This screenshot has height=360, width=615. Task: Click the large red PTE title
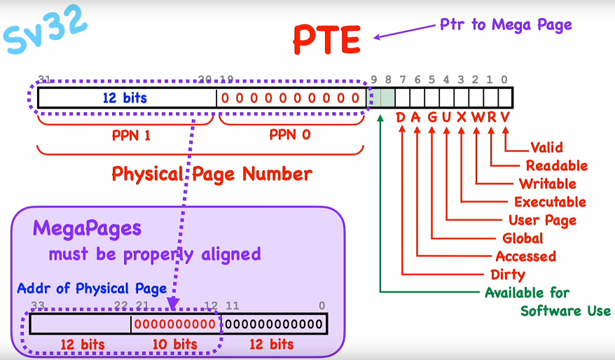[326, 40]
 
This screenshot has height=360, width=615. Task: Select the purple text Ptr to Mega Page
[506, 25]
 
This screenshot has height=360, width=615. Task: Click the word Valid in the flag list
[546, 148]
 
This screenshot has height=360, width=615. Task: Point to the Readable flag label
[557, 166]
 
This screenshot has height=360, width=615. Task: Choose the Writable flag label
[548, 184]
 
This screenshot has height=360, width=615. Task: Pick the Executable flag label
[550, 202]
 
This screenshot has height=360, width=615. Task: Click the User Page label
[543, 221]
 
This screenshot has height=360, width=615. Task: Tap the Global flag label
[523, 239]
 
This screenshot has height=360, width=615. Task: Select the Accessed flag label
[525, 256]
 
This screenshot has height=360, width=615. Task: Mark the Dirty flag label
[508, 275]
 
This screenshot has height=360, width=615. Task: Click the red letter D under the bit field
[401, 117]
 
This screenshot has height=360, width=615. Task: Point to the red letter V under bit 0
[504, 117]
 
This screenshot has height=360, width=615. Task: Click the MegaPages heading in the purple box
[87, 228]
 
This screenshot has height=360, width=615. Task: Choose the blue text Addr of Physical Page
[92, 288]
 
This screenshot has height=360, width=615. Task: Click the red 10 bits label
[174, 345]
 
